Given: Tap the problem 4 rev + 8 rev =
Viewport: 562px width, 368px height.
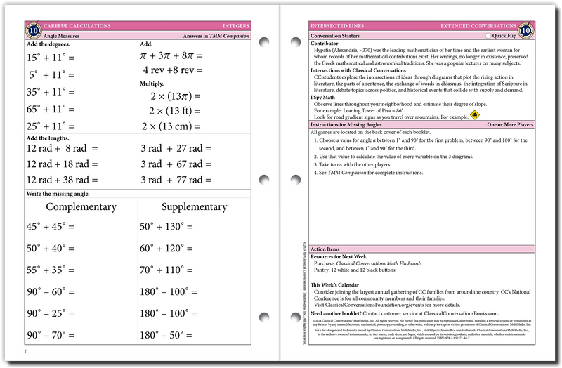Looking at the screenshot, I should click(173, 70).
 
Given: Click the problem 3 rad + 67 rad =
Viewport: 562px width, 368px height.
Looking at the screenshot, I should click(176, 164).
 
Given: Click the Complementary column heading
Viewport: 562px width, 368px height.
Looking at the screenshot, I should click(81, 207).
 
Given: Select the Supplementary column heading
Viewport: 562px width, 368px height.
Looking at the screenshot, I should click(194, 207).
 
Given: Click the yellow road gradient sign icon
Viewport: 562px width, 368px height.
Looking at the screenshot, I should click(475, 115).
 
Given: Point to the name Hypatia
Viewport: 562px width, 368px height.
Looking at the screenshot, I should click(326, 50).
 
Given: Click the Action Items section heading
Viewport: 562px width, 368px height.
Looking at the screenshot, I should click(325, 249).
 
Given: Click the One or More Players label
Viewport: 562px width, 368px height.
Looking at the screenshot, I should click(512, 124).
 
